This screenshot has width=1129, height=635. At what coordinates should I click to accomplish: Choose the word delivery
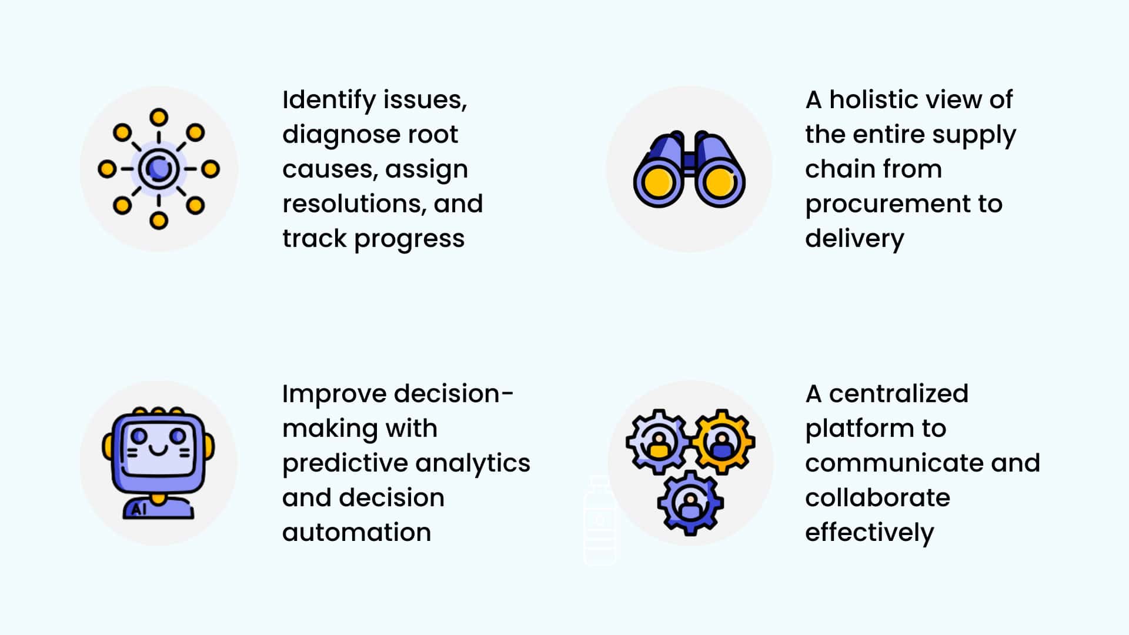854,239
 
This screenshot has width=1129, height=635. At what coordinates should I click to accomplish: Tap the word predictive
333,463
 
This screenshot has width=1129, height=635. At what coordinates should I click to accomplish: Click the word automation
356,533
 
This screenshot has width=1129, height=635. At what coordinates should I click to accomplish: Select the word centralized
898,394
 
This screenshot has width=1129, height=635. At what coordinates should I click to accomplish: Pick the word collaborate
877,498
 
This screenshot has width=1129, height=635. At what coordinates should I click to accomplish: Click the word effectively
869,533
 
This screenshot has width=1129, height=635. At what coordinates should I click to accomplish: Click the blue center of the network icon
159,169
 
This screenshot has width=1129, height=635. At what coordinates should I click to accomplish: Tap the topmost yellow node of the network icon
159,117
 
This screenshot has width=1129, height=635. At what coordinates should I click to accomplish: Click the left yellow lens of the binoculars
657,183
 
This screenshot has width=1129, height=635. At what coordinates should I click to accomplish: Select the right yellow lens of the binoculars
719,183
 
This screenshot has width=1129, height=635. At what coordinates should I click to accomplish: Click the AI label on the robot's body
139,509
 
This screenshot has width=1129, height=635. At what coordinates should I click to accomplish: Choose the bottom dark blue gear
690,503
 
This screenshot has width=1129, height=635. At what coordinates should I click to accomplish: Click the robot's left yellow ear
108,447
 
